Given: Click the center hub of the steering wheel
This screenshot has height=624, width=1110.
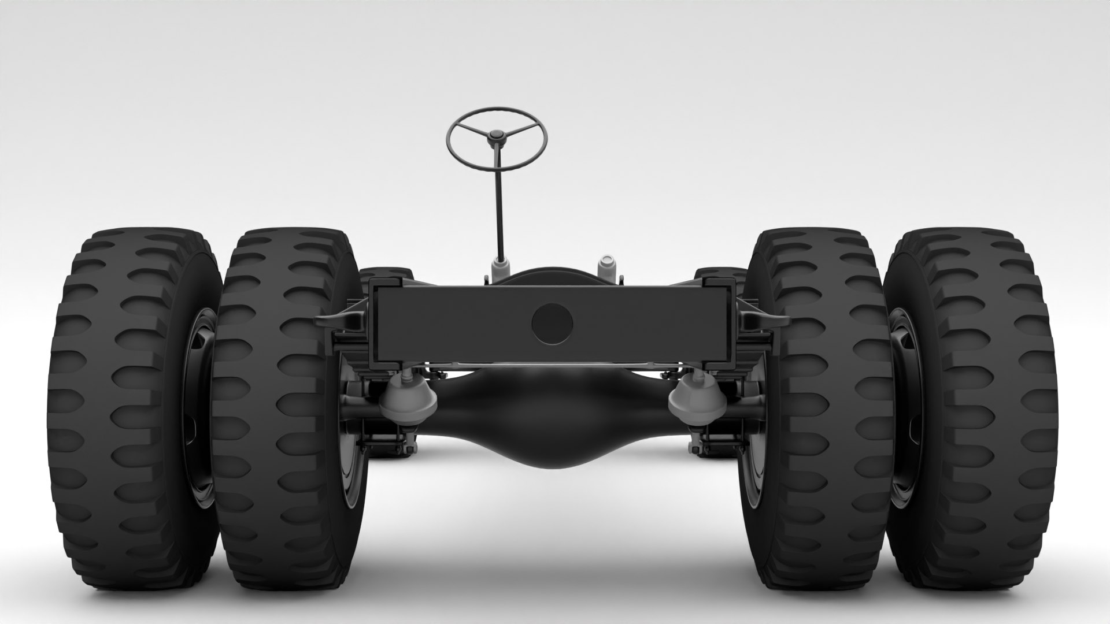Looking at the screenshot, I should (496, 136).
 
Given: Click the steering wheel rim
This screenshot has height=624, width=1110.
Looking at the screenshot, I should (497, 109).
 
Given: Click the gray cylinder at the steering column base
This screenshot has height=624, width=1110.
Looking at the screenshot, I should (500, 270).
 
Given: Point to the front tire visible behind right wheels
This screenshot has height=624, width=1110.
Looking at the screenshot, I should (720, 274).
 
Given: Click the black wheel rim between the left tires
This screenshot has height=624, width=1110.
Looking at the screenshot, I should (199, 404).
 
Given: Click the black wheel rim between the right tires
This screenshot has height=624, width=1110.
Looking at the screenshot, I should (902, 404).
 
